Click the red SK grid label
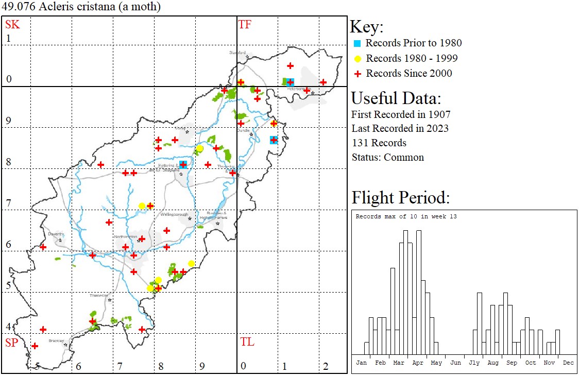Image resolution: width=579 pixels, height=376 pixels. [12, 24]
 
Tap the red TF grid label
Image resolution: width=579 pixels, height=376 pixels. [245, 24]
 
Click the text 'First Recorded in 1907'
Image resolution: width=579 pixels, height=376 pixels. [401, 114]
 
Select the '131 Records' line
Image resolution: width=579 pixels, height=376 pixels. [379, 143]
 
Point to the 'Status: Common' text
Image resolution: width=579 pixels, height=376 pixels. [387, 157]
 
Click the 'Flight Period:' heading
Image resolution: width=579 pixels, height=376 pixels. [401, 197]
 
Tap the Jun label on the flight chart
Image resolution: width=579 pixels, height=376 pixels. [455, 363]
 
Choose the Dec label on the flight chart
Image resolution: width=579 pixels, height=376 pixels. [568, 363]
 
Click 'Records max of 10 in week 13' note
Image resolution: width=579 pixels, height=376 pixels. [406, 216]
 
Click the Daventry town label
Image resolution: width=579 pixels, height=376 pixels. [55, 234]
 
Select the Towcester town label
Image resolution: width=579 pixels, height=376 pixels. [99, 295]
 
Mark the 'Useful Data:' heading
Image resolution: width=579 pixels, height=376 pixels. [396, 98]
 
